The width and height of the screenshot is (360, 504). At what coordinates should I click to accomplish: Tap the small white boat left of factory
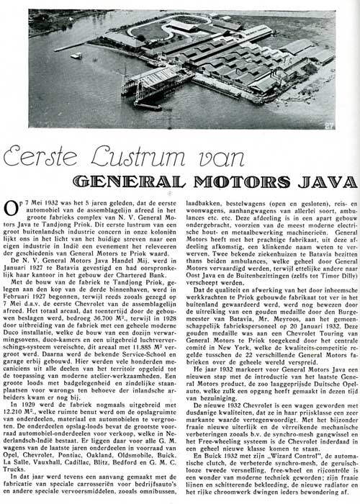[76, 55]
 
